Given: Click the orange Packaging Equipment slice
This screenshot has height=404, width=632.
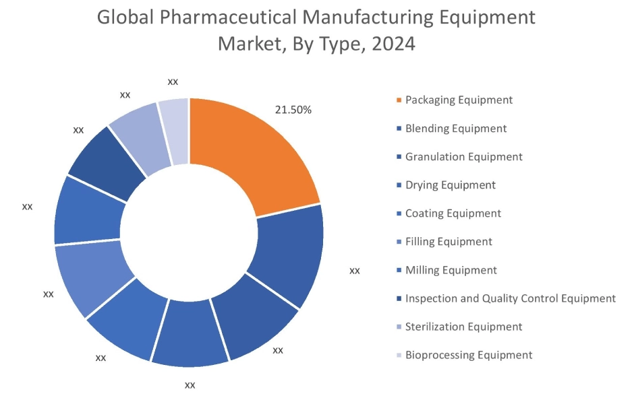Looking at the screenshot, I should tap(256, 155).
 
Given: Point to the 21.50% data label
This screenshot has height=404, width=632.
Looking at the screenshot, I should tap(293, 110).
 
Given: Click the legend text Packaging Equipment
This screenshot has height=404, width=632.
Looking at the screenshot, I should tap(459, 100).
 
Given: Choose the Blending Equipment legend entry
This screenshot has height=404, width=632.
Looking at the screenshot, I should tap(455, 128).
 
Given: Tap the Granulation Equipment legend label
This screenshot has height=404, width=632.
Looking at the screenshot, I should tap(463, 156).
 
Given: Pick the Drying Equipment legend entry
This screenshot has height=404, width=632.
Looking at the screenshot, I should tap(450, 184).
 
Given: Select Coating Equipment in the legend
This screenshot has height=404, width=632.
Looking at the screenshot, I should tap(453, 213).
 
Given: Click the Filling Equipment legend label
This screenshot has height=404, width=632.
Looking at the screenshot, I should tap(449, 242).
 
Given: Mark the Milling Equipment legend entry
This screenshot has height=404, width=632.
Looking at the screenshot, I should tap(451, 270).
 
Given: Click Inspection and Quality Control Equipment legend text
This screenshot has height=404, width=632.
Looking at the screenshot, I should tap(510, 298).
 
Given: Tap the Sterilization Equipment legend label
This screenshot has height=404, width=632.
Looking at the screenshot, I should tap(463, 327).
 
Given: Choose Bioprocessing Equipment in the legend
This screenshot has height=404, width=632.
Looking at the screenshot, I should tap(469, 355).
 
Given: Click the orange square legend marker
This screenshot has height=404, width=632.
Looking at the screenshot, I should tap(399, 100).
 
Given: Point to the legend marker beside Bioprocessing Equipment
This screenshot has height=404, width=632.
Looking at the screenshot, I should tap(399, 356).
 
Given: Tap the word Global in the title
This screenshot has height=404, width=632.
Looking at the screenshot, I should tap(125, 18).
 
